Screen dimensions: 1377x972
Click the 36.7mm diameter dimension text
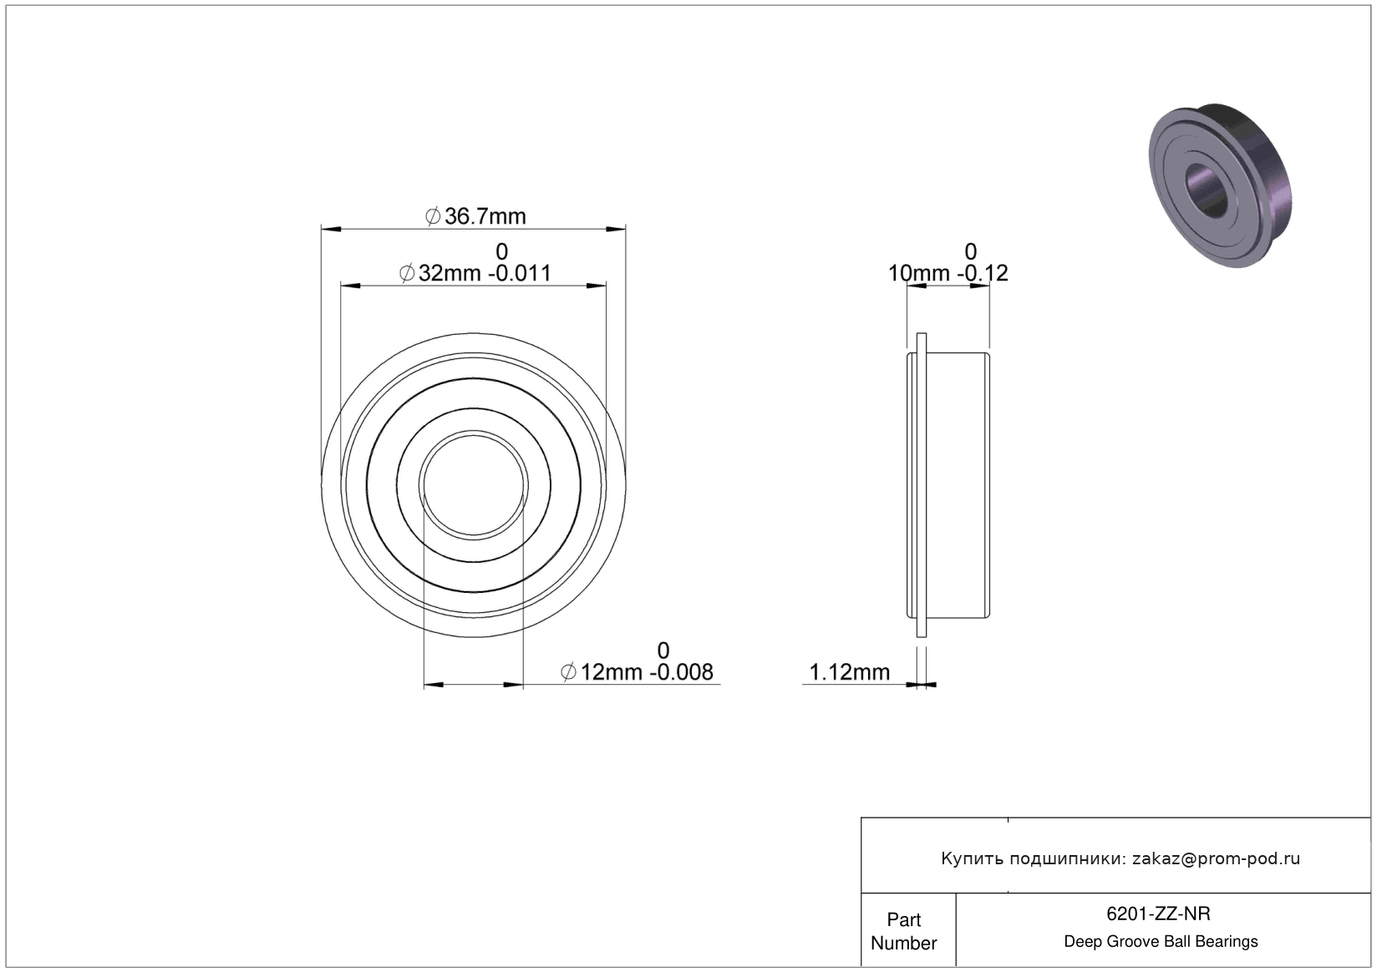pyautogui.click(x=485, y=216)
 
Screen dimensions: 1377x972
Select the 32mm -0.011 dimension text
pyautogui.click(x=485, y=273)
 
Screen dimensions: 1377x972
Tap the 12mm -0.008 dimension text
pyautogui.click(x=647, y=672)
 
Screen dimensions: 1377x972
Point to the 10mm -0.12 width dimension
pyautogui.click(x=948, y=273)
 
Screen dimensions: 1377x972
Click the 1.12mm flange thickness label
pyautogui.click(x=850, y=672)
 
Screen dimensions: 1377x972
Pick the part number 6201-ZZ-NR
pyautogui.click(x=1158, y=914)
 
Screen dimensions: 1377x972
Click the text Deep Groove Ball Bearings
pyautogui.click(x=1161, y=941)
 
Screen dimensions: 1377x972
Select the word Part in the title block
pyautogui.click(x=904, y=919)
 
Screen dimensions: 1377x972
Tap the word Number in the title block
pyautogui.click(x=904, y=943)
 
